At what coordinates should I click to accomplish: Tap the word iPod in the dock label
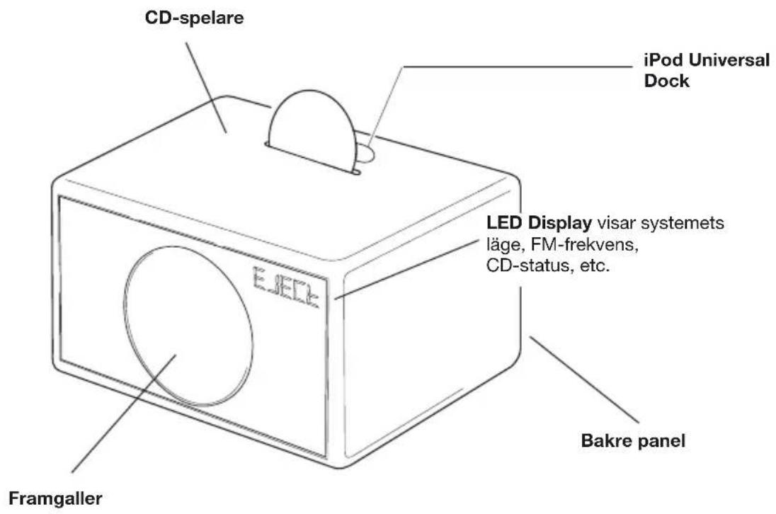pyautogui.click(x=652, y=62)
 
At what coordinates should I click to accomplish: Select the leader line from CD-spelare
pyautogui.click(x=206, y=85)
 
